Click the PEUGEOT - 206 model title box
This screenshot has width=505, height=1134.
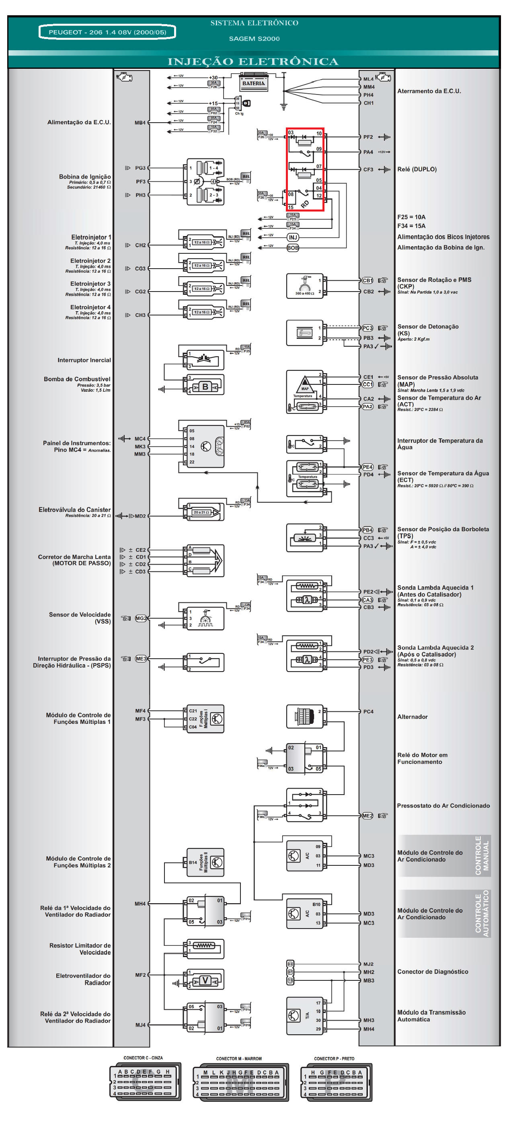(107, 32)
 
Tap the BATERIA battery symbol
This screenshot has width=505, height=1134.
(254, 83)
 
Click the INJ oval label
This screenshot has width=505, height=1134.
(293, 237)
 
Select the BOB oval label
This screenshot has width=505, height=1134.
(293, 248)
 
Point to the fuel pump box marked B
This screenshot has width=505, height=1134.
(205, 387)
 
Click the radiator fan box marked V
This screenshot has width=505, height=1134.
(205, 980)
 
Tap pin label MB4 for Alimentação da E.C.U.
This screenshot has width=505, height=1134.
(140, 123)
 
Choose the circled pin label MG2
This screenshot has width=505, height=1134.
(141, 618)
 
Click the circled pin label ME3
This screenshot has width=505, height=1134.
(141, 659)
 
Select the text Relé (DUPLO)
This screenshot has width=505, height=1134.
(417, 169)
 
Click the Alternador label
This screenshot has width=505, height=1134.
(413, 717)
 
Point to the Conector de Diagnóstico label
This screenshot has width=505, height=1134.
(433, 972)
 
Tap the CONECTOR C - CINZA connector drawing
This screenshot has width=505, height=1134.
(145, 1082)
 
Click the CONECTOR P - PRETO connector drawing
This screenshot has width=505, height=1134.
(336, 1082)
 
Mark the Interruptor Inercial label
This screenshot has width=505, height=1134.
(84, 360)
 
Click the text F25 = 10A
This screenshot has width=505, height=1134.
(411, 217)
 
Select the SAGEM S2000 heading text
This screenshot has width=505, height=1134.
(254, 39)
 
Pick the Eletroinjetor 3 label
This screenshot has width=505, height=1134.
(90, 284)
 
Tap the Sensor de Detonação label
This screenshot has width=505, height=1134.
(428, 327)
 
